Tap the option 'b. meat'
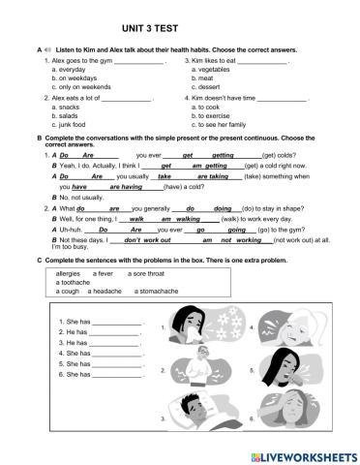[203, 77]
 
